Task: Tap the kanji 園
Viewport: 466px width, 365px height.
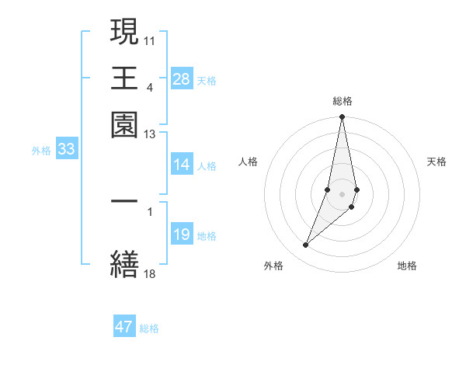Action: tap(125, 123)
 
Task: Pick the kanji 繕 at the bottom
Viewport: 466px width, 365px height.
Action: tap(125, 262)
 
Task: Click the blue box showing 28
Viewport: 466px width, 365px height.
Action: tap(182, 79)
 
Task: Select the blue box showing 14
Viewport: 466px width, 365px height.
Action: tap(182, 165)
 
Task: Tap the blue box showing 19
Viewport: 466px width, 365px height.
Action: tap(182, 235)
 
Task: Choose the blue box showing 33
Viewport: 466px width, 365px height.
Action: tap(66, 150)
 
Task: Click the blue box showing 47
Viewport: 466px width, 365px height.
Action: tap(124, 327)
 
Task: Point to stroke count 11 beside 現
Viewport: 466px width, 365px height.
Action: tap(150, 39)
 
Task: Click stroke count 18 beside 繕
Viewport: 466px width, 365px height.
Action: tap(150, 273)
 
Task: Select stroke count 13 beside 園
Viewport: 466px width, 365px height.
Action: tap(150, 135)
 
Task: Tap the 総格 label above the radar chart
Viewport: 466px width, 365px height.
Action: tap(343, 101)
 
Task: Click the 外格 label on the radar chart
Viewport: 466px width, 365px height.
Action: tap(273, 266)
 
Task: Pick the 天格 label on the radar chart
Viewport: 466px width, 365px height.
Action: tap(437, 162)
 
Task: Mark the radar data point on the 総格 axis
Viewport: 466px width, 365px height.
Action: tap(342, 117)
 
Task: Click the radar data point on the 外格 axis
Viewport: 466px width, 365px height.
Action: tap(306, 245)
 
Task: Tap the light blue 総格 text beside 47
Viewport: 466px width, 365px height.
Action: tap(150, 328)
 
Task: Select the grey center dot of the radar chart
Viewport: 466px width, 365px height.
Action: tap(342, 193)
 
